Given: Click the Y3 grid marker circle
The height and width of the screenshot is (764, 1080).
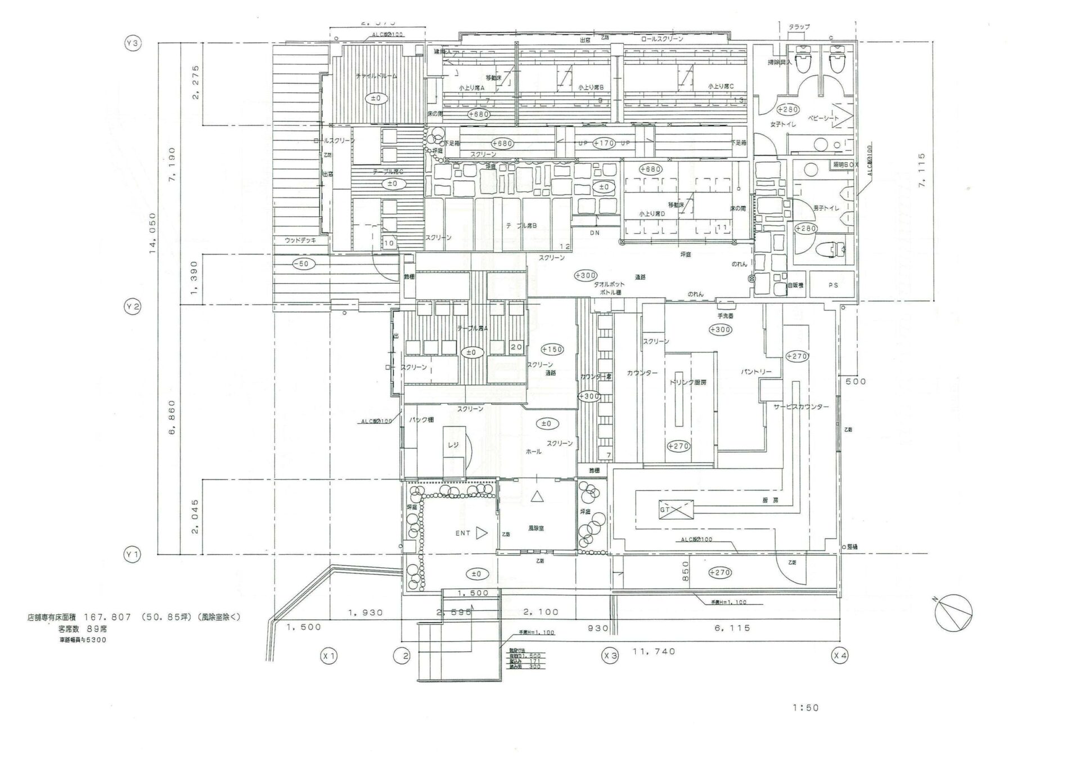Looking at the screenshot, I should click(x=133, y=44).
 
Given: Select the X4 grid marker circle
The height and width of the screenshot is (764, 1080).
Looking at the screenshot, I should click(x=840, y=655).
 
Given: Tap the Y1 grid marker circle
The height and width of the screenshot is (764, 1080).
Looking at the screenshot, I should click(x=133, y=555).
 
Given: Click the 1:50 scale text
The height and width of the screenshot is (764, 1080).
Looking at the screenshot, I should click(x=805, y=708).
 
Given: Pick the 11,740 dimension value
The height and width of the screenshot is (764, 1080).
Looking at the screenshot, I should click(x=654, y=651).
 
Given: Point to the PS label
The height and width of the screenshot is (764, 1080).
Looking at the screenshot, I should click(x=833, y=285).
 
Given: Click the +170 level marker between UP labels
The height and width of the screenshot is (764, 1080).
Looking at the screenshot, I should click(x=604, y=143).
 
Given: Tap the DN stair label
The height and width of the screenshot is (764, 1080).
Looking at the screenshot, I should click(x=595, y=233).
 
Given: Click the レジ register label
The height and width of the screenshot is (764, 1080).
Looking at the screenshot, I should click(x=453, y=445).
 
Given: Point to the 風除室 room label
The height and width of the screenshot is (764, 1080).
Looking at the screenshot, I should click(x=535, y=529).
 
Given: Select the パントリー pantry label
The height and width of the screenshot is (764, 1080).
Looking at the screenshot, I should click(x=755, y=372).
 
